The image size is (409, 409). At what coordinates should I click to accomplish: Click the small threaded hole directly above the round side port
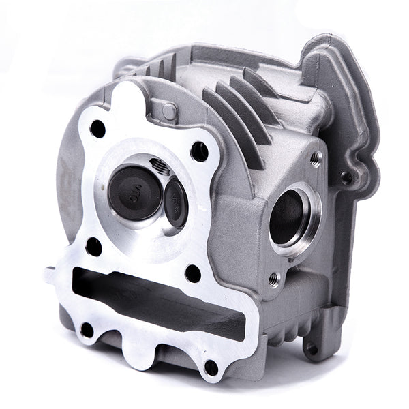314,158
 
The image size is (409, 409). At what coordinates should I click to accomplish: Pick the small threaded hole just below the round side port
274,278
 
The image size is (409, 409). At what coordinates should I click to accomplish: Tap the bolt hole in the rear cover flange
348,178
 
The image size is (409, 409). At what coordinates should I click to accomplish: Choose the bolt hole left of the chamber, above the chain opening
93,247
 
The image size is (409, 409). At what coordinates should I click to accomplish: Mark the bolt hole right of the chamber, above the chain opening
192,272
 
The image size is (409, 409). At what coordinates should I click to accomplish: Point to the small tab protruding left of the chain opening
50,276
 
